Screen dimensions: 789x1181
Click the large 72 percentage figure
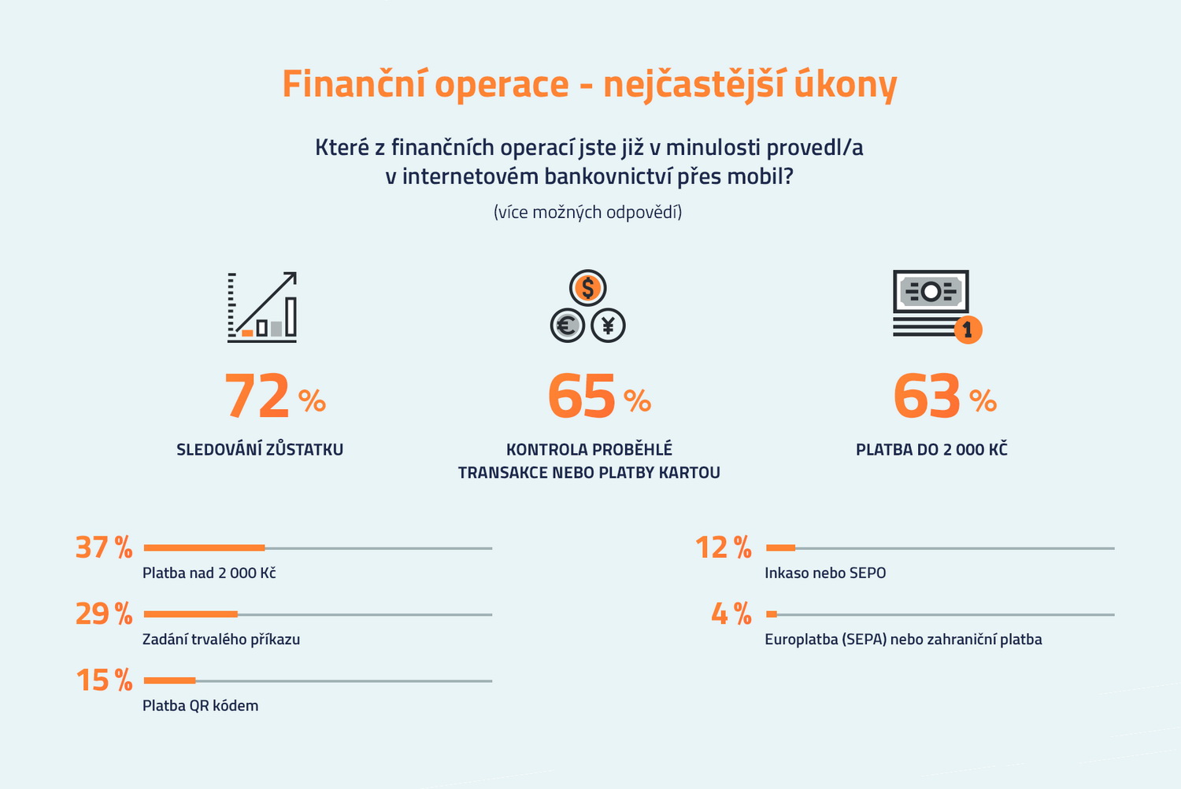pyautogui.click(x=257, y=397)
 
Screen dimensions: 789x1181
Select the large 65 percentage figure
pyautogui.click(x=582, y=397)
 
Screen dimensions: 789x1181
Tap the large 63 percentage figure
pyautogui.click(x=927, y=397)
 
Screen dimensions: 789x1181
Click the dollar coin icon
pyautogui.click(x=587, y=288)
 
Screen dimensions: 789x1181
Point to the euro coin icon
pyautogui.click(x=567, y=324)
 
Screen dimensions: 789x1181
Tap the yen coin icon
pyautogui.click(x=608, y=324)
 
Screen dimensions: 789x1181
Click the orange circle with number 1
pyautogui.click(x=968, y=329)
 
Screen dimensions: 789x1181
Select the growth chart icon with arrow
pyautogui.click(x=262, y=307)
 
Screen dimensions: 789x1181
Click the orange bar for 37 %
pyautogui.click(x=204, y=548)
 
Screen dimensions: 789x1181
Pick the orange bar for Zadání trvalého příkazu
pyautogui.click(x=191, y=614)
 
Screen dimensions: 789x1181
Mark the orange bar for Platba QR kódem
pyautogui.click(x=169, y=680)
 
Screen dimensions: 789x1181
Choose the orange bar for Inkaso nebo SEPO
pyautogui.click(x=780, y=548)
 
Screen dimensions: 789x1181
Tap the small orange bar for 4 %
pyautogui.click(x=772, y=614)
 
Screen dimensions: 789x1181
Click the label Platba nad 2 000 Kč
pyautogui.click(x=209, y=573)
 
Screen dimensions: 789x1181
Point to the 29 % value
pyautogui.click(x=103, y=614)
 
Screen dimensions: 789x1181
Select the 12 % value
pyautogui.click(x=723, y=548)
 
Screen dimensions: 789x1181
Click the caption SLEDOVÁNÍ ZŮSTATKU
pyautogui.click(x=260, y=450)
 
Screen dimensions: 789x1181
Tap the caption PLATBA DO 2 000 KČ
pyautogui.click(x=931, y=450)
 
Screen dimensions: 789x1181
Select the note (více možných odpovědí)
pyautogui.click(x=587, y=212)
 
